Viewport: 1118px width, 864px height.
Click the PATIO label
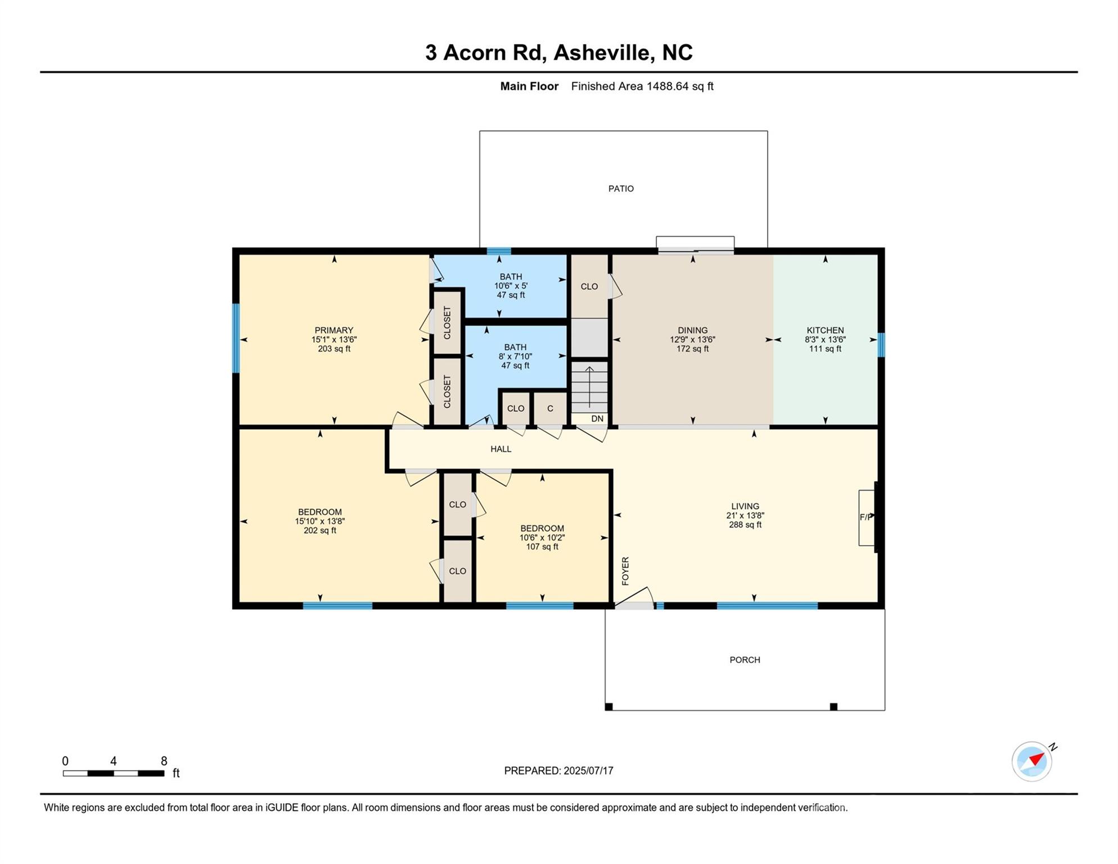click(621, 188)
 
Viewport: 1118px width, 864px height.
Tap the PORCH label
click(745, 660)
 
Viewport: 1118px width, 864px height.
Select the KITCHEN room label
click(825, 330)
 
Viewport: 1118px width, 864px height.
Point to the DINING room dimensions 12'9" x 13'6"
click(692, 340)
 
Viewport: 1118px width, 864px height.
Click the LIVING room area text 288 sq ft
click(745, 525)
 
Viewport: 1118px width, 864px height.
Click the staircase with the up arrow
click(589, 387)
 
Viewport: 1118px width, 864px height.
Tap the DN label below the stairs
click(597, 418)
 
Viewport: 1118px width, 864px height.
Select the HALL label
click(501, 449)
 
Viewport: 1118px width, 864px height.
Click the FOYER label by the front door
click(625, 571)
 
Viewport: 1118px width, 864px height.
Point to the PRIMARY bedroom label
click(334, 330)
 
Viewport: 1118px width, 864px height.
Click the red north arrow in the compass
click(1036, 759)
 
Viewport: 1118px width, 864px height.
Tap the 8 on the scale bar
click(164, 761)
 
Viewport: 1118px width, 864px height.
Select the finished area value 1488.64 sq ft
click(679, 86)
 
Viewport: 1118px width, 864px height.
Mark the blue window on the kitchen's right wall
click(881, 345)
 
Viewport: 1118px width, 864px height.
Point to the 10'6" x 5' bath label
click(511, 286)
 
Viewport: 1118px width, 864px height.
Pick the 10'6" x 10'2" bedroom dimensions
click(542, 538)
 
